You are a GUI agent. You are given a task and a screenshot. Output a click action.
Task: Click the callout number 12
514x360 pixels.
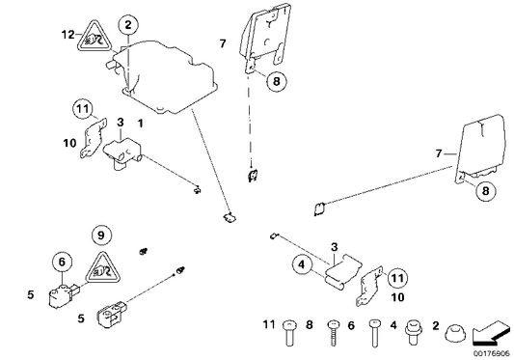(68, 35)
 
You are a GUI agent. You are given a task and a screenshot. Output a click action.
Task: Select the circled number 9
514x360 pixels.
(102, 234)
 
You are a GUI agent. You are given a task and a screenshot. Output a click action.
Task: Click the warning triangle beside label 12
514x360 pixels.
(93, 40)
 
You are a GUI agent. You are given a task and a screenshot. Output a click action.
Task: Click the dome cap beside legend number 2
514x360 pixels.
(456, 334)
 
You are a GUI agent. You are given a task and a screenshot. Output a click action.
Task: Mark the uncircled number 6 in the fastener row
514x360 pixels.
(351, 326)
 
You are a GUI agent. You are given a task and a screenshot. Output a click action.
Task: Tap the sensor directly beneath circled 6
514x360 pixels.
(59, 292)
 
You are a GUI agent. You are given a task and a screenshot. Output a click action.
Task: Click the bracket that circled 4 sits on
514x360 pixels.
(327, 266)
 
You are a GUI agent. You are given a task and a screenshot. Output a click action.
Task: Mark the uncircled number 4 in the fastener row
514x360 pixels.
(392, 326)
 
